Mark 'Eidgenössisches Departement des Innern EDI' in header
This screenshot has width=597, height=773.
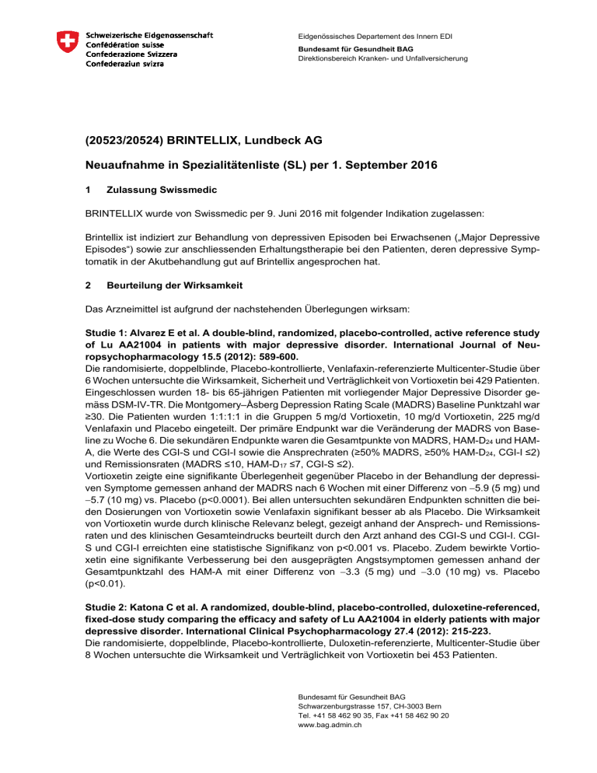(x=379, y=36)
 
